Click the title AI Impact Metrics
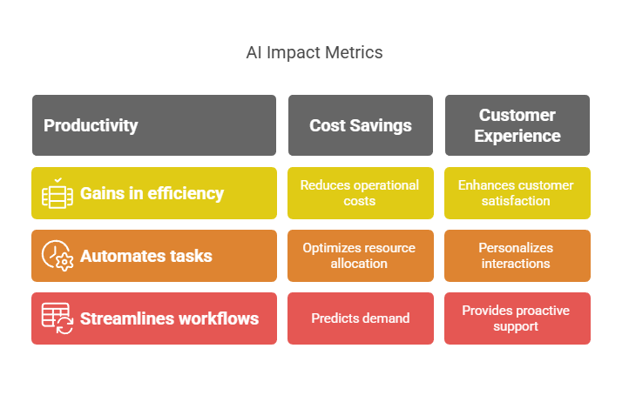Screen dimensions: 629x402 click(314, 52)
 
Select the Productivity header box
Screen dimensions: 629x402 click(154, 125)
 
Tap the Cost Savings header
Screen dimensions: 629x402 click(360, 125)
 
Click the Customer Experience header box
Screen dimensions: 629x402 click(517, 125)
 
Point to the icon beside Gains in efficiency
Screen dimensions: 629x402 click(57, 193)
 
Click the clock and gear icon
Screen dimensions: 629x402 click(57, 256)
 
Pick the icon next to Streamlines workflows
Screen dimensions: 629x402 click(57, 318)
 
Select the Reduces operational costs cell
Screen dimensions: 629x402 click(360, 193)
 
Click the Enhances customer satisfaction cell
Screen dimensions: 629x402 click(517, 193)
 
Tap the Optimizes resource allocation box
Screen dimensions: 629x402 click(360, 256)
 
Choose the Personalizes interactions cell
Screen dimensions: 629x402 click(517, 256)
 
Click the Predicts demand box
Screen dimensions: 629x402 click(360, 318)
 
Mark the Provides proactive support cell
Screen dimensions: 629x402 click(517, 318)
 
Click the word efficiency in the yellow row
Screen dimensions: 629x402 click(186, 193)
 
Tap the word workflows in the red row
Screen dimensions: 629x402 click(219, 318)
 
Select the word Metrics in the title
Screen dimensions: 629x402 click(354, 52)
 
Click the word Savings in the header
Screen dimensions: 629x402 click(381, 126)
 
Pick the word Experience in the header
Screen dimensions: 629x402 click(517, 137)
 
